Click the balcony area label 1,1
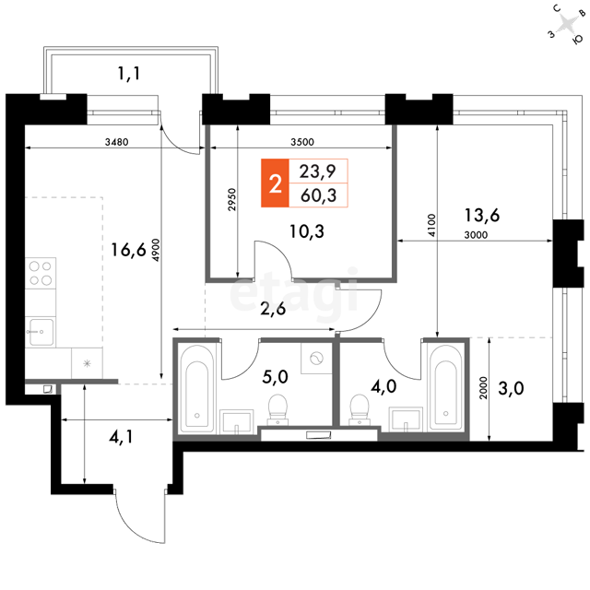(129, 73)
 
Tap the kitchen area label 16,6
(128, 250)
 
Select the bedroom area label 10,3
(307, 231)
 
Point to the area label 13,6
(482, 215)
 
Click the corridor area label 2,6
(274, 309)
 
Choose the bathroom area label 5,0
(275, 377)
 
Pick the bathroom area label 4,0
(383, 386)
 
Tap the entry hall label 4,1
(121, 437)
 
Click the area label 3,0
(511, 388)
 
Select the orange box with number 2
(275, 183)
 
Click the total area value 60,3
(318, 195)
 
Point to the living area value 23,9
(317, 171)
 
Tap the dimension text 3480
(117, 142)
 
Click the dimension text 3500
(302, 142)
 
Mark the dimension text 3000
(476, 235)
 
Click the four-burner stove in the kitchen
(41, 273)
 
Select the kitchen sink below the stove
(41, 332)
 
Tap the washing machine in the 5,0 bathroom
(316, 358)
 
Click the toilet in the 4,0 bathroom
(360, 409)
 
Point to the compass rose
(567, 24)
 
